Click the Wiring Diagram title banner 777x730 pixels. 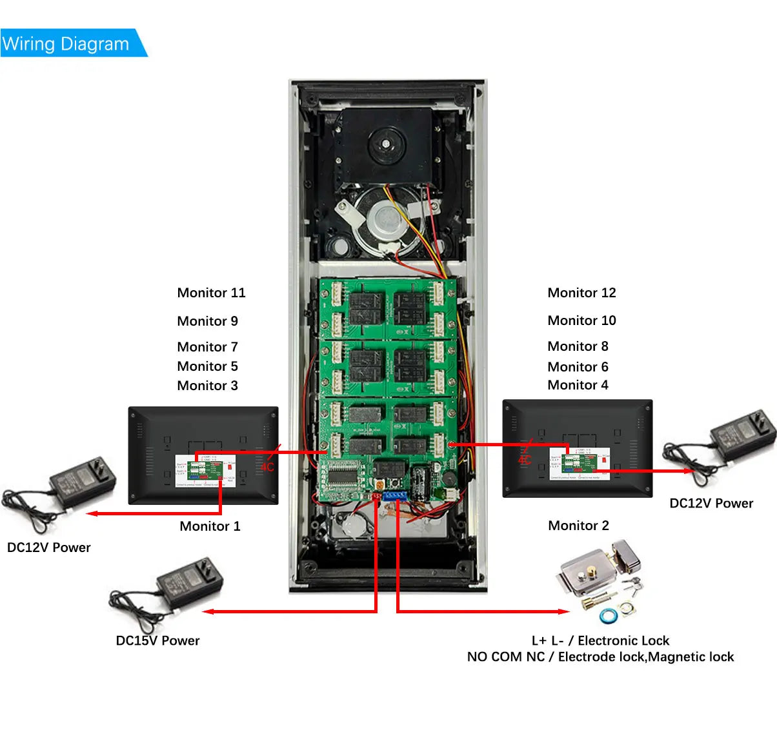67,44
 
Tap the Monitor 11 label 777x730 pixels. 211,293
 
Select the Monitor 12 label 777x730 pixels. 581,293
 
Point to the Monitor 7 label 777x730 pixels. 207,347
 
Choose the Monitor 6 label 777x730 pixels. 578,367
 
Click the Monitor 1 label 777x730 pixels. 210,526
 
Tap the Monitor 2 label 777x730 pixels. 578,526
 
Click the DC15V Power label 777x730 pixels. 157,640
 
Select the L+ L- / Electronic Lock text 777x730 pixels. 600,640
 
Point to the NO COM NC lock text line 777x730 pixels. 600,656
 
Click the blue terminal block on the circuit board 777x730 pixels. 394,496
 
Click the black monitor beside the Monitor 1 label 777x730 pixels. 203,455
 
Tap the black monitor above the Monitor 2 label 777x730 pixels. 578,448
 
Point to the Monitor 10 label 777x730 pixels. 581,321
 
